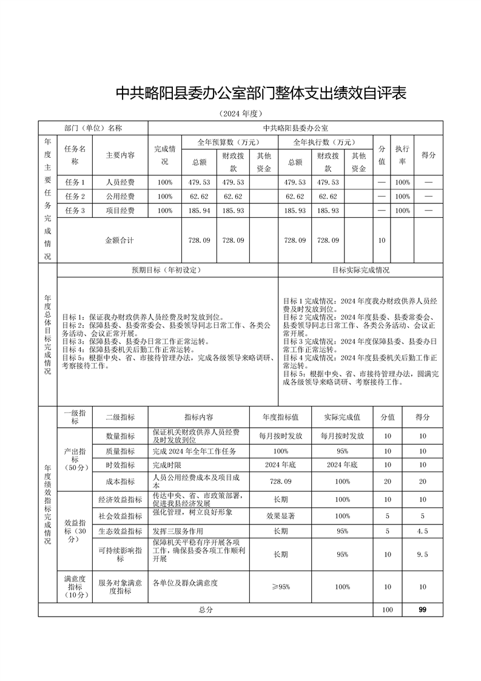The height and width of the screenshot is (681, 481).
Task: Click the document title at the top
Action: point(261,93)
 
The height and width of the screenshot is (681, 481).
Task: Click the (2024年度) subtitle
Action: point(241,114)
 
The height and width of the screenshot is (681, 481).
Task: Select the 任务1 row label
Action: point(75,182)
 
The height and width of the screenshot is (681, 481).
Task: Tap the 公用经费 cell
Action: point(120,197)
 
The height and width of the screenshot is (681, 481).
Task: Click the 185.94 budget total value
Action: point(200,211)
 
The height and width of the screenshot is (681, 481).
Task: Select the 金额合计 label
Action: point(119,240)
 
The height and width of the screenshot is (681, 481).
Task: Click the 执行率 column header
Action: point(403,155)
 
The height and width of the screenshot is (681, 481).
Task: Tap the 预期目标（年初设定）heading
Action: point(167,270)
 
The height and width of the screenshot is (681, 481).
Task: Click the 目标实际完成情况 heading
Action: point(360,270)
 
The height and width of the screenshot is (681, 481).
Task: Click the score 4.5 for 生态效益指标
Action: point(422,531)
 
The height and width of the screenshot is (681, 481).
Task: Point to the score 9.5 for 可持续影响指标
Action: point(422,554)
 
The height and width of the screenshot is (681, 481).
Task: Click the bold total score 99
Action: point(422,609)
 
